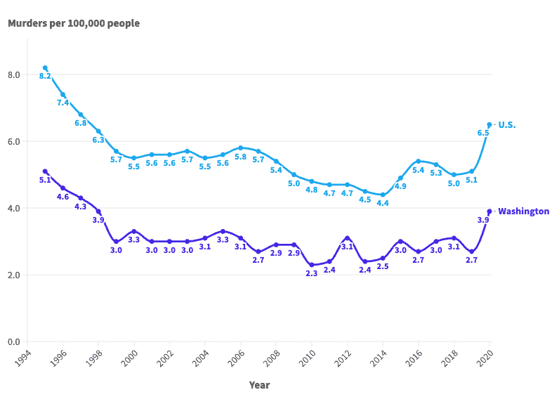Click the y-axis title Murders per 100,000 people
tap(74, 23)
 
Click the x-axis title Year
tap(259, 385)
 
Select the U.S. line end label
tap(507, 124)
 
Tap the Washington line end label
tap(523, 211)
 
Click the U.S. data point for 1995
tap(45, 68)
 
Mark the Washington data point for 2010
tap(312, 265)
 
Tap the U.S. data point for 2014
tap(383, 195)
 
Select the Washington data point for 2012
tap(347, 238)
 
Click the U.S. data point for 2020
tap(489, 124)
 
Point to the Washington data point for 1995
tap(45, 171)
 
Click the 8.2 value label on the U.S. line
tap(45, 76)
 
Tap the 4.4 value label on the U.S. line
tap(383, 203)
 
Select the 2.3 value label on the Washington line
tap(312, 273)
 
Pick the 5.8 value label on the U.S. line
tap(240, 157)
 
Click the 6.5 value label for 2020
tap(483, 133)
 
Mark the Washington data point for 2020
tap(489, 211)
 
